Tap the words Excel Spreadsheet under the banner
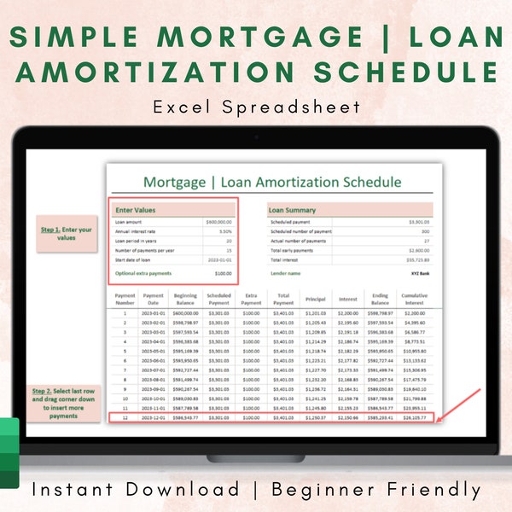[256, 108]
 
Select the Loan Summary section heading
[293, 209]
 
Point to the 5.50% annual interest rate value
[220, 230]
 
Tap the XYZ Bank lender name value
[419, 274]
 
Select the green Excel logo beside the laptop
[9, 453]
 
